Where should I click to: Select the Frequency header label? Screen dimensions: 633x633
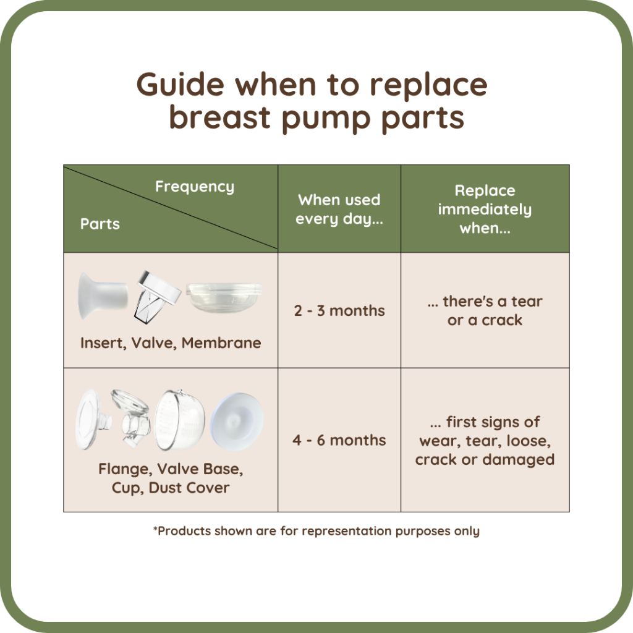click(195, 187)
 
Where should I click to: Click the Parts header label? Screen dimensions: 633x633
click(100, 224)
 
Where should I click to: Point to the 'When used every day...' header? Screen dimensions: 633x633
click(339, 209)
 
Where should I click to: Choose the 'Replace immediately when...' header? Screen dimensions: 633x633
click(485, 209)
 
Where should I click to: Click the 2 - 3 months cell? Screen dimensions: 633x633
click(339, 310)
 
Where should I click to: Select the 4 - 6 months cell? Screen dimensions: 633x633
click(339, 440)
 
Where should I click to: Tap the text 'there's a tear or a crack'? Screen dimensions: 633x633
click(485, 310)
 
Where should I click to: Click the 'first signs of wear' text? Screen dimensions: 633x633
click(485, 431)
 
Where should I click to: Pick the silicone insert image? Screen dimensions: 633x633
click(103, 296)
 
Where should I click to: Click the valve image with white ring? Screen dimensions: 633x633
click(158, 297)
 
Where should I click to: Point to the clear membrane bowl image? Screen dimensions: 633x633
click(224, 297)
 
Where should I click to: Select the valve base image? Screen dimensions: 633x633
click(130, 417)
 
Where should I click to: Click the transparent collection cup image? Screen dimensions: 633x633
click(180, 420)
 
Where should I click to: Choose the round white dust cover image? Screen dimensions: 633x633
click(237, 421)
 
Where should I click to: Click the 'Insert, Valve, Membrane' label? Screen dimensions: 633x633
click(171, 342)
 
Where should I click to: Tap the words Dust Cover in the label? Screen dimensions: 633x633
click(189, 488)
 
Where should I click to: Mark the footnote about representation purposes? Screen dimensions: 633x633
click(316, 531)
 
